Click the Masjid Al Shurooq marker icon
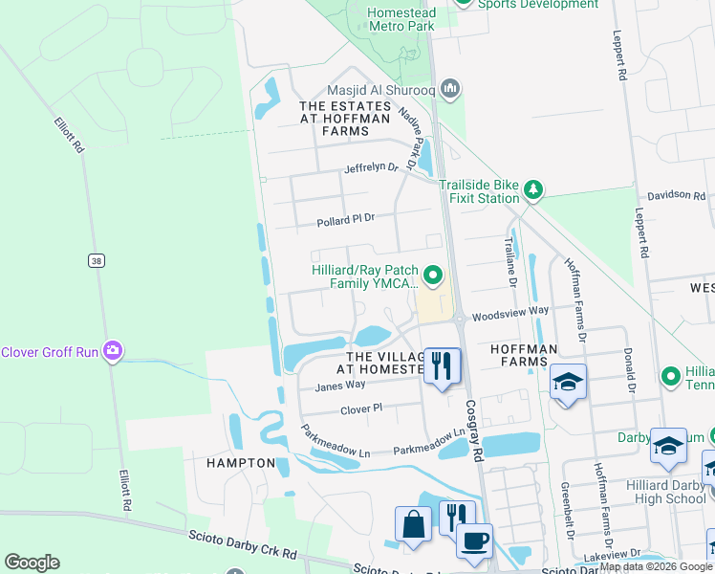450,89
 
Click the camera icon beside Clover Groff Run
114,351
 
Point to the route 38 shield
95,260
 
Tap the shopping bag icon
413,525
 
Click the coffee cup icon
475,541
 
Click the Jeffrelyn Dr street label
372,166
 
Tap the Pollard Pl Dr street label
346,219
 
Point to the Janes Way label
340,385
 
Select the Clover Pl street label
361,408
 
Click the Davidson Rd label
675,194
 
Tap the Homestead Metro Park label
402,19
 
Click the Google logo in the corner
32,563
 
